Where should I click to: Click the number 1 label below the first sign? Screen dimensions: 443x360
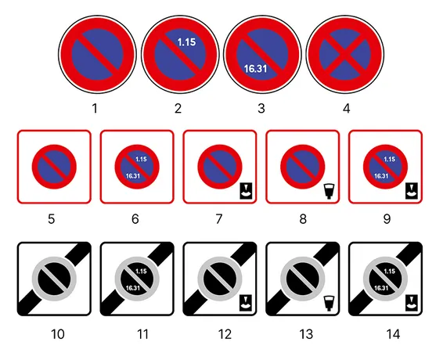(95, 108)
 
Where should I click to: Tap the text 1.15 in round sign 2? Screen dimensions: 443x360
(186, 42)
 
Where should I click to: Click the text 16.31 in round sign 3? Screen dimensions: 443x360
(255, 69)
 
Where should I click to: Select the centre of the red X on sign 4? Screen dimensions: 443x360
(344, 54)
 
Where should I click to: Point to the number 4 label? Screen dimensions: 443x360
(347, 108)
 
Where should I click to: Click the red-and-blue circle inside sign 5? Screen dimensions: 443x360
(54, 167)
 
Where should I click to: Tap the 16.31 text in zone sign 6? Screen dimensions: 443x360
(133, 176)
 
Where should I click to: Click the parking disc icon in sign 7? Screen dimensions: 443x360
(246, 191)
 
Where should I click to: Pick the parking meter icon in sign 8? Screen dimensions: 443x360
(329, 191)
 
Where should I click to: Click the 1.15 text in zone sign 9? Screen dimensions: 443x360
(389, 160)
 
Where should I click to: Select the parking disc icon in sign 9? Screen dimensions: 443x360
(412, 191)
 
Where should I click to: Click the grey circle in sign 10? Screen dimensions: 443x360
(54, 279)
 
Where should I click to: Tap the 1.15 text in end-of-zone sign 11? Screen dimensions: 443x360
(141, 272)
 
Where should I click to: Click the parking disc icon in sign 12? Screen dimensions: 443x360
(246, 303)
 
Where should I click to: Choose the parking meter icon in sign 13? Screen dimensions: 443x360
(329, 304)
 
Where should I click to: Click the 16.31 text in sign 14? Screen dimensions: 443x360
(381, 288)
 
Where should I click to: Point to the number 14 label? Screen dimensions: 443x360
(393, 334)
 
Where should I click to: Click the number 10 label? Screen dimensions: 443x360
(58, 334)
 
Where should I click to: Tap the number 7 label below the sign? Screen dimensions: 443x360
(219, 219)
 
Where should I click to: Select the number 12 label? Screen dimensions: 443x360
(225, 334)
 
